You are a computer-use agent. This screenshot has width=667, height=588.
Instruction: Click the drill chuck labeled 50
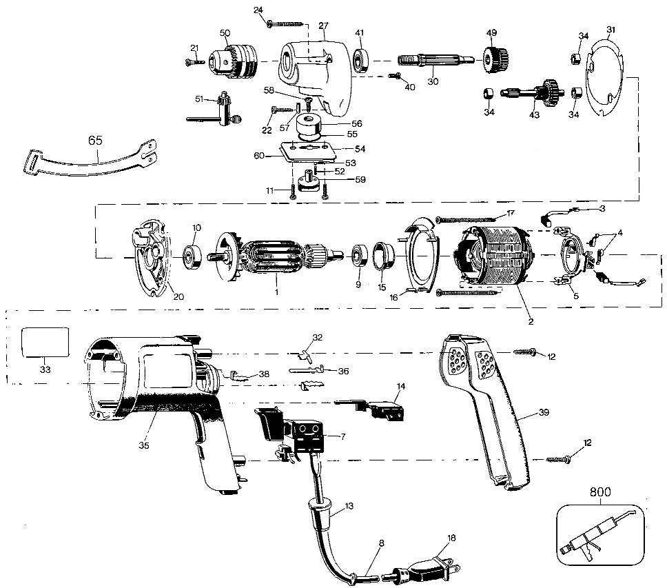coord(234,62)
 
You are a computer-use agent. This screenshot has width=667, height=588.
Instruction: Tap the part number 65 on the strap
coord(95,141)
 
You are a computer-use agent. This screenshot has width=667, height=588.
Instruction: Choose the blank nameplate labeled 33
coord(45,342)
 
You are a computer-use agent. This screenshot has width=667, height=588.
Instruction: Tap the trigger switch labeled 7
coord(294,435)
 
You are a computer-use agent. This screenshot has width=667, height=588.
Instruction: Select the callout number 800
coord(600,492)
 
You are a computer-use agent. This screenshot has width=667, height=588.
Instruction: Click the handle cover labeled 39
coord(485,409)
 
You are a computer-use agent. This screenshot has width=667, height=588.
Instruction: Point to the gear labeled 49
coord(495,61)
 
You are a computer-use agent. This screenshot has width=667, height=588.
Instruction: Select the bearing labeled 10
coord(192,257)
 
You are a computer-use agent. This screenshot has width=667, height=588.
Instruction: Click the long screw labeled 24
coord(286,24)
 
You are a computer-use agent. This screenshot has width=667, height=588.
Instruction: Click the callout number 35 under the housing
coord(144,445)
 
